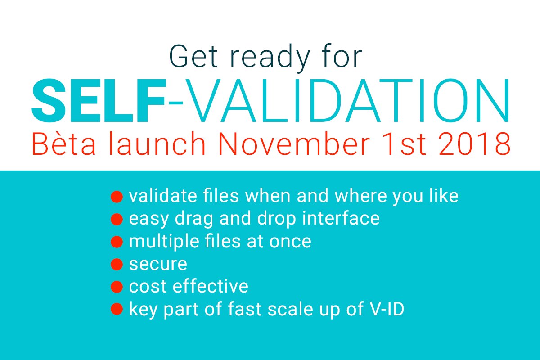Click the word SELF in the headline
click(99, 100)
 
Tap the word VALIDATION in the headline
click(347, 101)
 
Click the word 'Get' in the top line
click(193, 56)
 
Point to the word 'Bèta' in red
click(63, 144)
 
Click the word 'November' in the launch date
click(293, 144)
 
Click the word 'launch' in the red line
click(157, 144)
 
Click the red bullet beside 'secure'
click(117, 264)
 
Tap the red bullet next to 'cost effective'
click(117, 287)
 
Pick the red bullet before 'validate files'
click(117, 197)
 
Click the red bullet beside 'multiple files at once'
click(117, 242)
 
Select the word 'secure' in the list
click(158, 264)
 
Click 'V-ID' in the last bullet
click(387, 309)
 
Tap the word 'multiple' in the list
click(164, 242)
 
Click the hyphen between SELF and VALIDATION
click(176, 103)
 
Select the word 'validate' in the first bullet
click(163, 196)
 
